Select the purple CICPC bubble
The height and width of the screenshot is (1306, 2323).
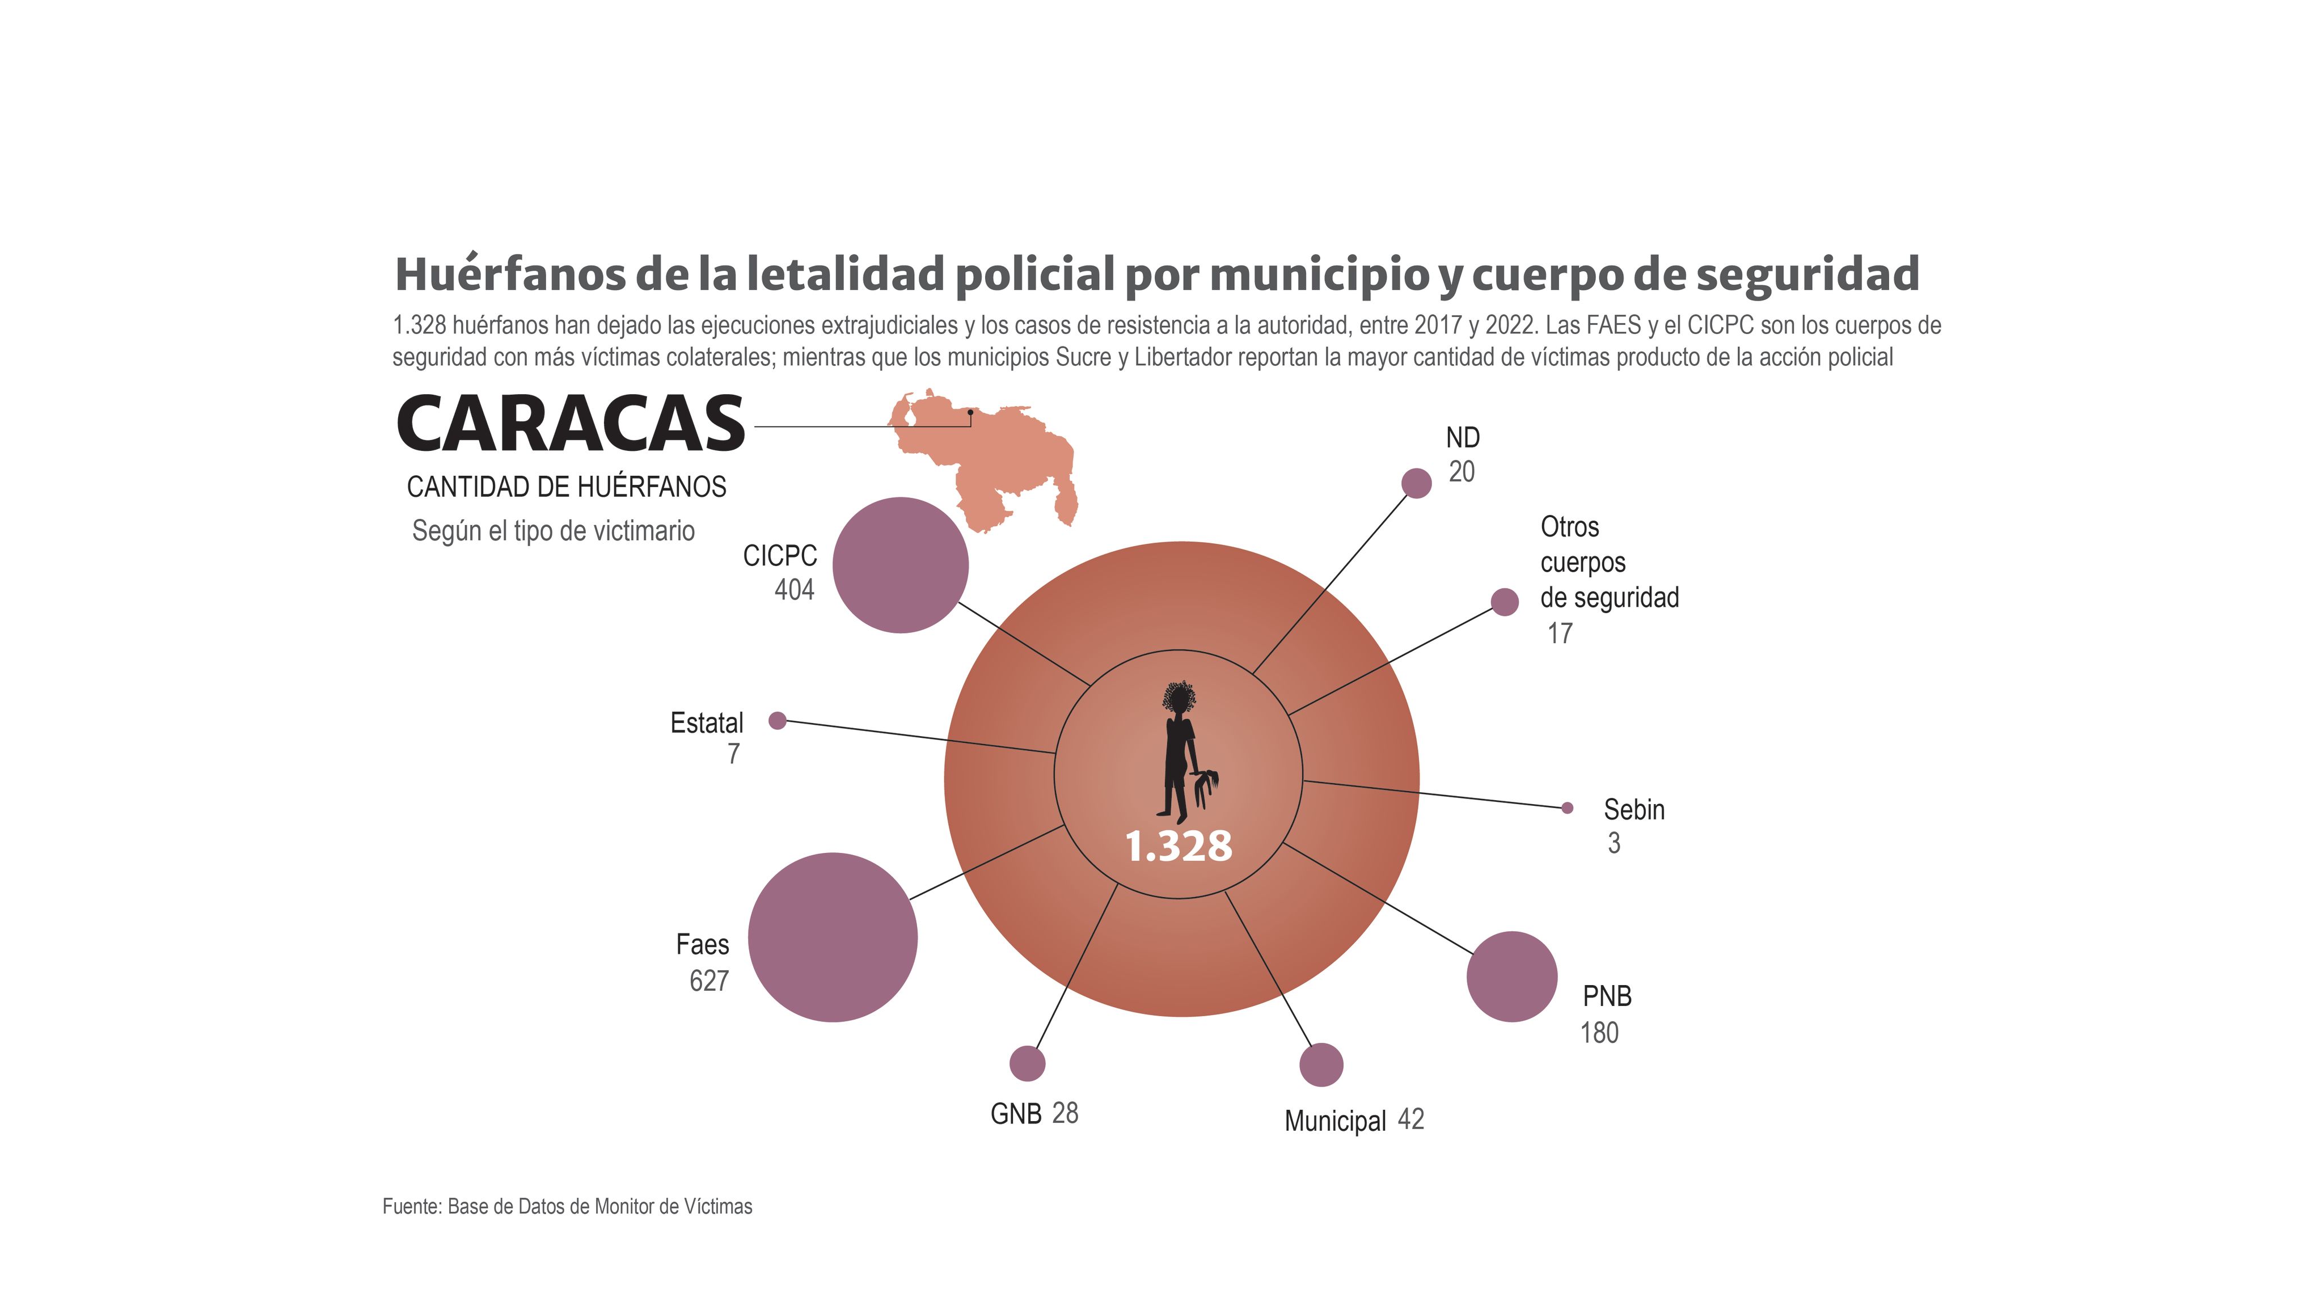[x=900, y=565]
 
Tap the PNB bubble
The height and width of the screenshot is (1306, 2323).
[x=1511, y=977]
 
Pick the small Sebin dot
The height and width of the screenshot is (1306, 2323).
[x=1568, y=808]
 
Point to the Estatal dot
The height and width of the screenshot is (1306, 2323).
[x=778, y=721]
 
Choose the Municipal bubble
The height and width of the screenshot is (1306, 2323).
[x=1321, y=1065]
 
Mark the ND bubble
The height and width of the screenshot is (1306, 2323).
[x=1417, y=483]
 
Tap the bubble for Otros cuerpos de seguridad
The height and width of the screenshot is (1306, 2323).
[x=1504, y=602]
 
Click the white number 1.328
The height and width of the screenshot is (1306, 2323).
[x=1179, y=846]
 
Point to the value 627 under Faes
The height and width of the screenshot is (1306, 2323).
[x=709, y=980]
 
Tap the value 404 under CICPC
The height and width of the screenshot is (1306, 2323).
[x=795, y=590]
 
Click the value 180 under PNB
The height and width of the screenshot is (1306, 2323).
[x=1599, y=1033]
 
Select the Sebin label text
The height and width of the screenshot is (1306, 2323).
[x=1634, y=810]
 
